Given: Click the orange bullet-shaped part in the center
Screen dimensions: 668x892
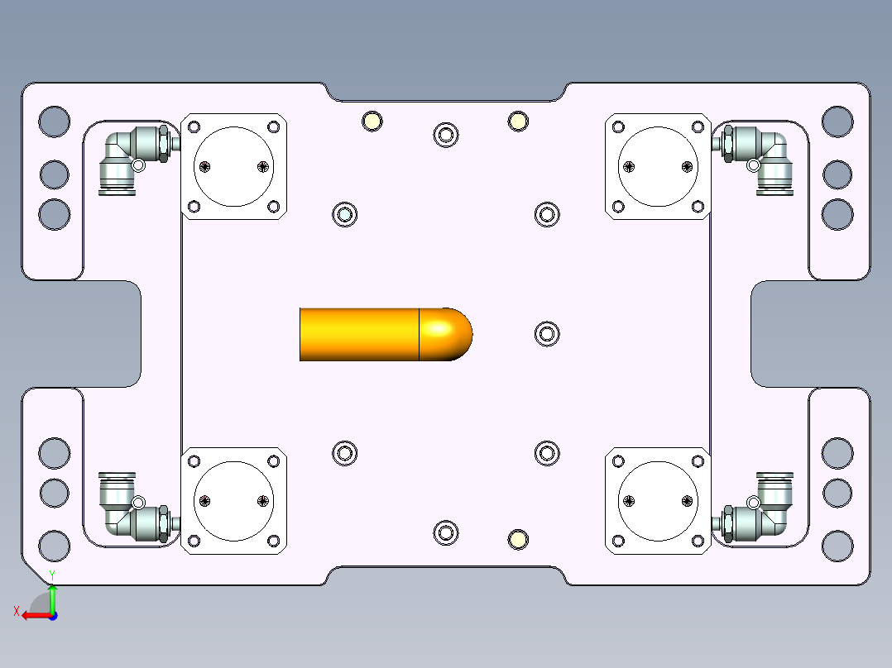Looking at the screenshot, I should (372, 334).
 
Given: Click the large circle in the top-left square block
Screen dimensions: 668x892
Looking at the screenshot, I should (234, 166).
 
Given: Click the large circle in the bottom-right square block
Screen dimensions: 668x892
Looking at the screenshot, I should (658, 500).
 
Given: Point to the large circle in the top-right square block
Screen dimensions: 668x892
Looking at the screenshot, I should (658, 166).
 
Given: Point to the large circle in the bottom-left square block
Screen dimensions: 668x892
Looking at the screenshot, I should (234, 500).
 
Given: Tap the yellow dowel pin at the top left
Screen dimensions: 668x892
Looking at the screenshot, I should (372, 122).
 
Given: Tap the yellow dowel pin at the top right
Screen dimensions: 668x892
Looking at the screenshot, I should (518, 122).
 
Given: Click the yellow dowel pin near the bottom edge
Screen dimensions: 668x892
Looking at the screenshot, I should (518, 540).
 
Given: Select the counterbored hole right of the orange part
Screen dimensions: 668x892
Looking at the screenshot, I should (546, 334).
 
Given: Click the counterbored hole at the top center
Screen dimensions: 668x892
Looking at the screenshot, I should (446, 135).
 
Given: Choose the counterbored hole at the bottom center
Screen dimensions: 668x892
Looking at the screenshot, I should (446, 532).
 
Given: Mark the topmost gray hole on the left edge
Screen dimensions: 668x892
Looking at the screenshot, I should (55, 122).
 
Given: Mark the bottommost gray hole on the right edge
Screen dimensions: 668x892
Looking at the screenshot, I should (837, 546).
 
